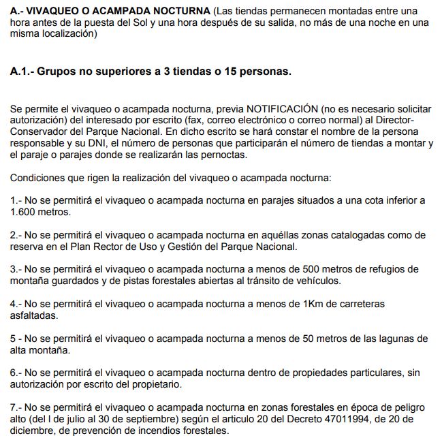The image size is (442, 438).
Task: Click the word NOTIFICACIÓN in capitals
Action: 283,109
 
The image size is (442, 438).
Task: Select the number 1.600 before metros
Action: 25,212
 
